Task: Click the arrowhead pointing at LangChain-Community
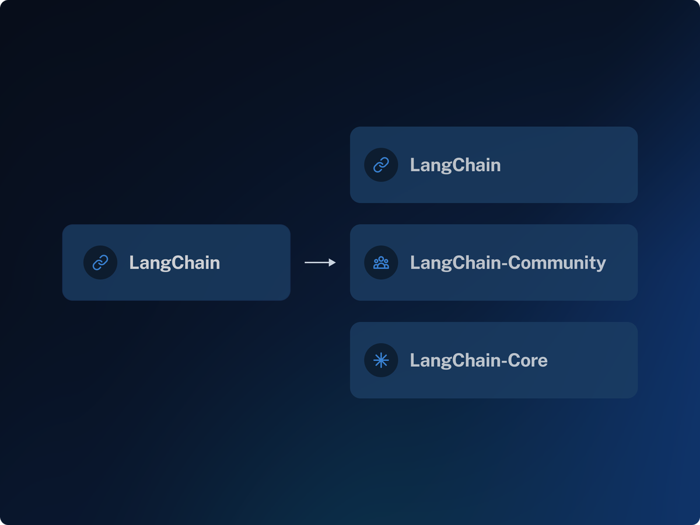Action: click(332, 262)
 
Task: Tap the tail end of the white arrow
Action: click(305, 262)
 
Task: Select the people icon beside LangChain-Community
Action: click(381, 263)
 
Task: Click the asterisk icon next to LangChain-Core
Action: click(381, 360)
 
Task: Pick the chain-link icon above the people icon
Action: click(381, 165)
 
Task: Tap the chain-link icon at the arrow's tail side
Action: click(100, 263)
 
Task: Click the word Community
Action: click(557, 263)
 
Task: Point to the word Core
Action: click(527, 360)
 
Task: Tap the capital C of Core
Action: click(514, 360)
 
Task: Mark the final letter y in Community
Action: click(601, 266)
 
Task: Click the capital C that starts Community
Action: click(514, 263)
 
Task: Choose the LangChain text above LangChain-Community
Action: click(456, 166)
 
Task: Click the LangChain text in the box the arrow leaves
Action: click(174, 263)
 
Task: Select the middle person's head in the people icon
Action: click(381, 259)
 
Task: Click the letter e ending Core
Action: click(542, 362)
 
